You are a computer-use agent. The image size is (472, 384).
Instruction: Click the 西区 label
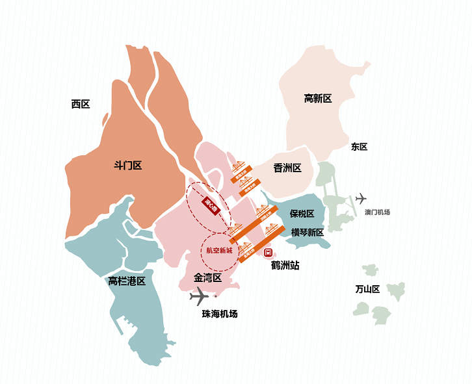(x=81, y=104)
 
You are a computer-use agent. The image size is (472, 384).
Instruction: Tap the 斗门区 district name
(x=127, y=166)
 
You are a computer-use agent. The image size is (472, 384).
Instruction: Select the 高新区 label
(x=318, y=99)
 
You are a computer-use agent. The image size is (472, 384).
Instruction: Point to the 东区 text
(x=359, y=147)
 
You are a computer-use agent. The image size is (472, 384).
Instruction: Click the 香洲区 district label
(x=287, y=168)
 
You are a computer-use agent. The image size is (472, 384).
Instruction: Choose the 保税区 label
(x=302, y=214)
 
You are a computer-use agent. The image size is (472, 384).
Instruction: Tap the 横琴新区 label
(x=307, y=232)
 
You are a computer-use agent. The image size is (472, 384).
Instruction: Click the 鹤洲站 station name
(x=285, y=265)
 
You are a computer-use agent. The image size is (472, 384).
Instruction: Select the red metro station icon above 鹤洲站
(x=267, y=252)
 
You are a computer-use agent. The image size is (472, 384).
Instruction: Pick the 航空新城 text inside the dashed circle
(x=219, y=250)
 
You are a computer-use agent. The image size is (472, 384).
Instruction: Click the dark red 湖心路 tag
(x=209, y=205)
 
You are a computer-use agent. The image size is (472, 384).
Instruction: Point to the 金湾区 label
(x=208, y=278)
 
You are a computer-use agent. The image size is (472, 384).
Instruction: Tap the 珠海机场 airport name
(x=220, y=314)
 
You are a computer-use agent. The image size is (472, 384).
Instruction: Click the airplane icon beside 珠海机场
(x=199, y=297)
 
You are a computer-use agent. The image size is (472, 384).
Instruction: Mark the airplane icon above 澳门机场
(x=361, y=198)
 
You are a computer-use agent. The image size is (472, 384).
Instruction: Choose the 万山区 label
(x=367, y=289)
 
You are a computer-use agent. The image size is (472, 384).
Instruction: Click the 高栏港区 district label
(x=127, y=281)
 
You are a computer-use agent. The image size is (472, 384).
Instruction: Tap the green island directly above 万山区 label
(x=371, y=270)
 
